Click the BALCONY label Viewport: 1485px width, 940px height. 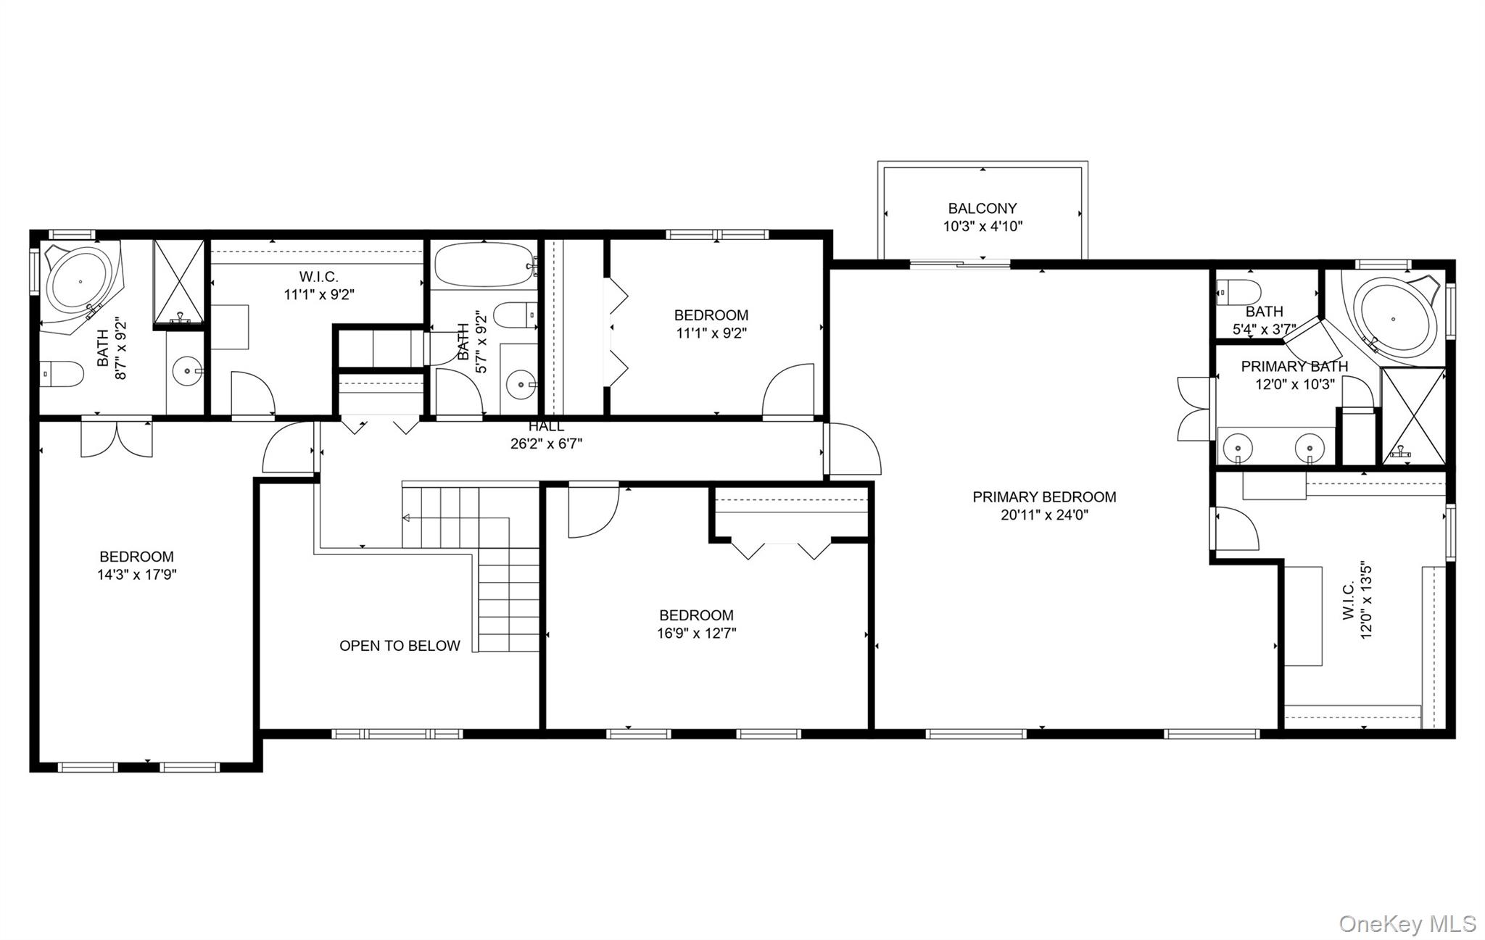983,209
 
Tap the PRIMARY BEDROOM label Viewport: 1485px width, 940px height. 1044,497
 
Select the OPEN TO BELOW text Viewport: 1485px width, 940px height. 400,646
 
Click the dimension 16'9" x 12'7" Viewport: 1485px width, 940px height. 697,633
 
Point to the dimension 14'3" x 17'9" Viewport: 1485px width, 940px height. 137,575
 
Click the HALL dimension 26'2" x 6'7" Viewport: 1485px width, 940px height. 546,444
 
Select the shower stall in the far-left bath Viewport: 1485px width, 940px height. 178,281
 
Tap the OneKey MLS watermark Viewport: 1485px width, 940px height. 1407,923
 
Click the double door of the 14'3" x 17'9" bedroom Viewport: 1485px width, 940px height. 117,437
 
